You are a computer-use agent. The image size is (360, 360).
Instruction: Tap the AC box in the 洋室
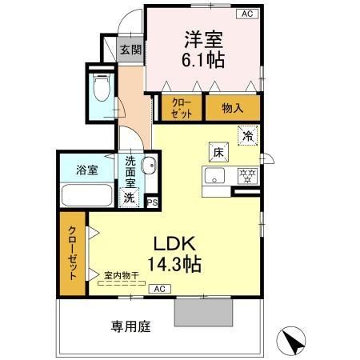click(246, 14)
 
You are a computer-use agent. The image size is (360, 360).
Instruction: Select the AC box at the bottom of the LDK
click(159, 288)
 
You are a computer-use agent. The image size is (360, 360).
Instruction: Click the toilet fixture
click(101, 88)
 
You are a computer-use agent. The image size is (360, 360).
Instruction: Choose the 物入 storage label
click(232, 106)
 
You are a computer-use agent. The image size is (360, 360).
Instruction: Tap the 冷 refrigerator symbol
click(249, 136)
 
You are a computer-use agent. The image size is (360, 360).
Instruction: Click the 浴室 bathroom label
click(86, 170)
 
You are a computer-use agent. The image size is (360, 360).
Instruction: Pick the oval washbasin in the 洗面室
click(148, 166)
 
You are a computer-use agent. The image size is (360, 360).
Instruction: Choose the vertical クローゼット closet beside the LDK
click(71, 252)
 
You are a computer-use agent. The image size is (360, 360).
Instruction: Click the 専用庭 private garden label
click(130, 326)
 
